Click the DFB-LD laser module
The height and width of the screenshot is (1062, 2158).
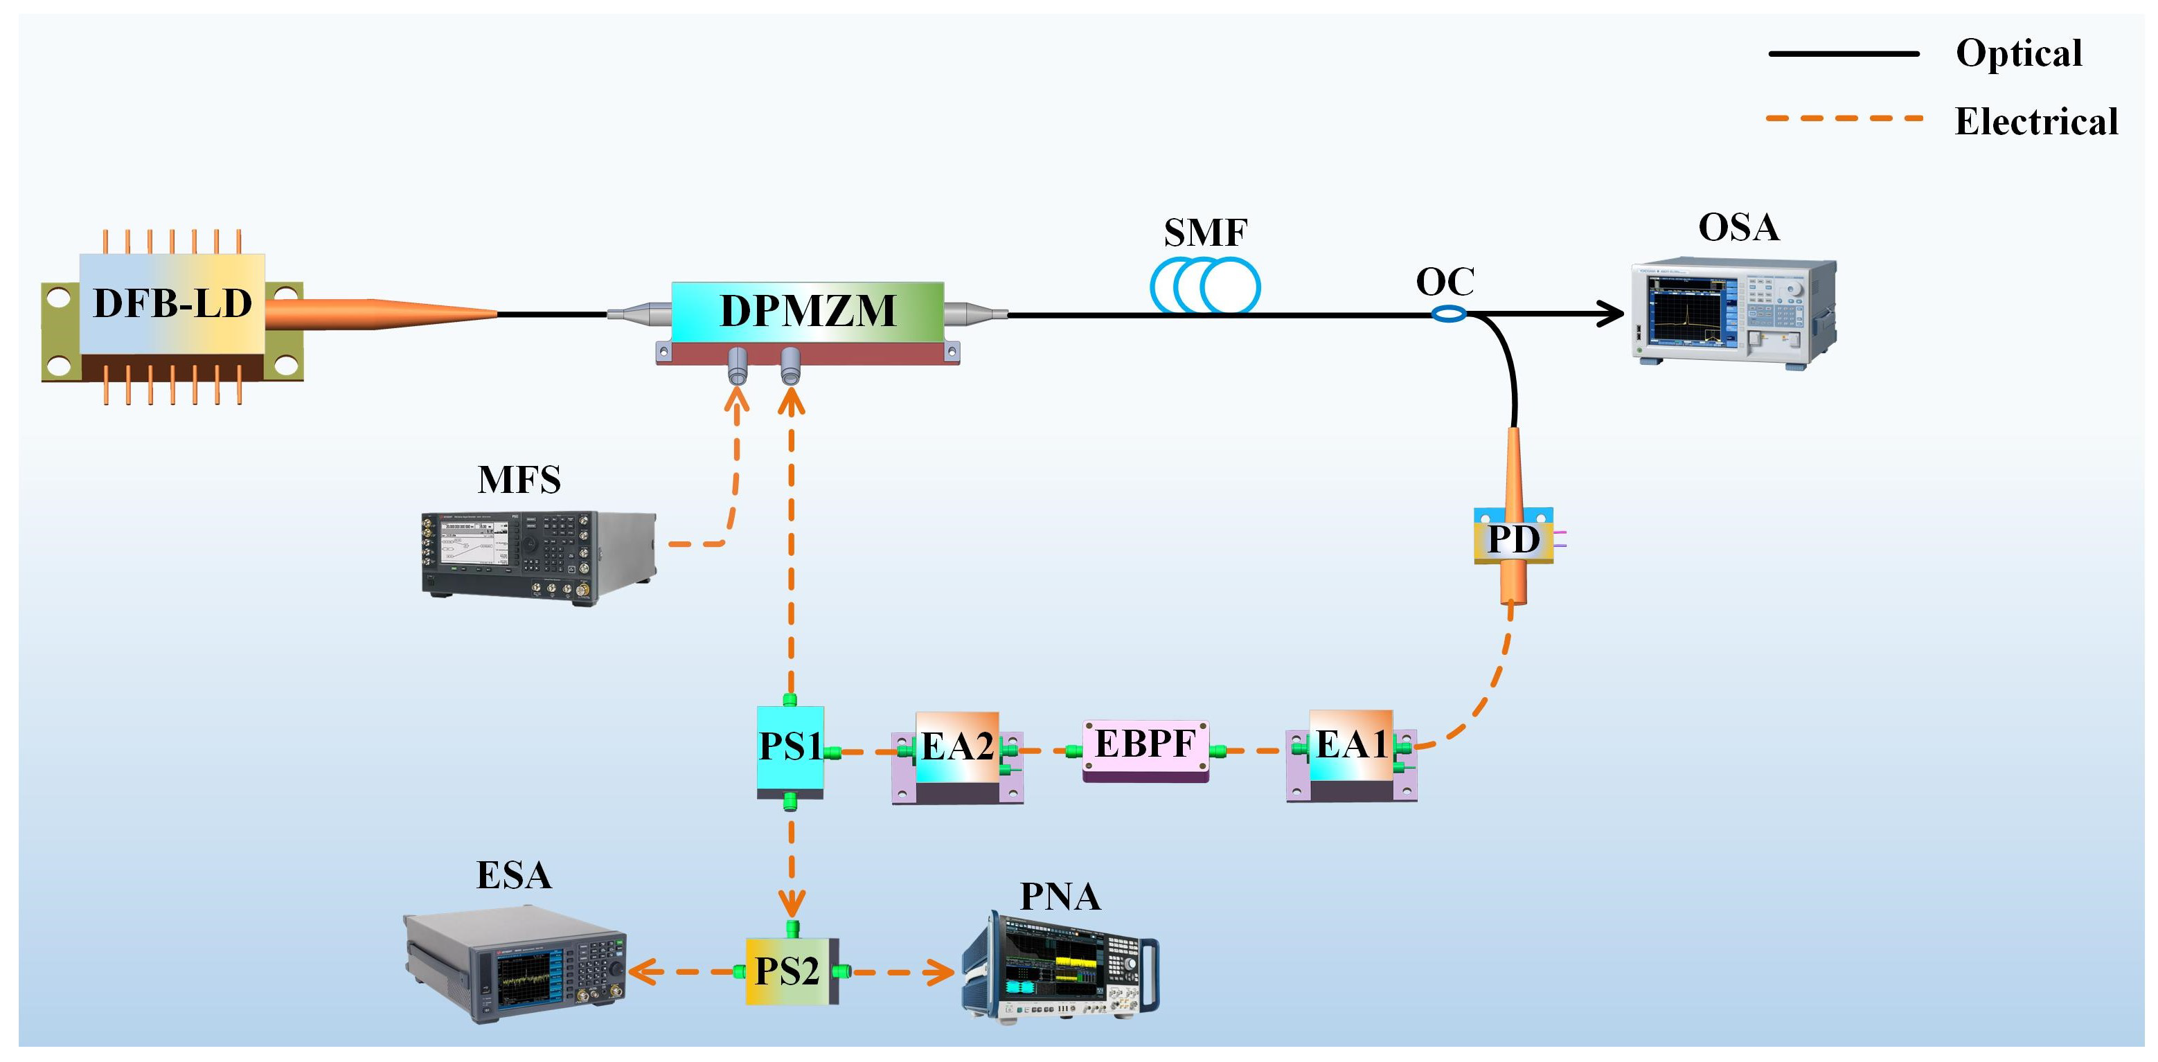(x=172, y=314)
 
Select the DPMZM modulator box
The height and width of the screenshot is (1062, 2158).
(x=808, y=312)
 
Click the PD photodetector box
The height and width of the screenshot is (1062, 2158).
(x=1513, y=539)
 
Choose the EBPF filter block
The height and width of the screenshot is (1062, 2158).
(x=1145, y=747)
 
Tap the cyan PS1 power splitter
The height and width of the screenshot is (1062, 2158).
(x=789, y=748)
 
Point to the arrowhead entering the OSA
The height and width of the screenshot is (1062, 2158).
(x=1611, y=314)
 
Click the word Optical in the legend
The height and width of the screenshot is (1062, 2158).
(x=2018, y=53)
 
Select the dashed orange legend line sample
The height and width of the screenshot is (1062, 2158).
(x=1843, y=119)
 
